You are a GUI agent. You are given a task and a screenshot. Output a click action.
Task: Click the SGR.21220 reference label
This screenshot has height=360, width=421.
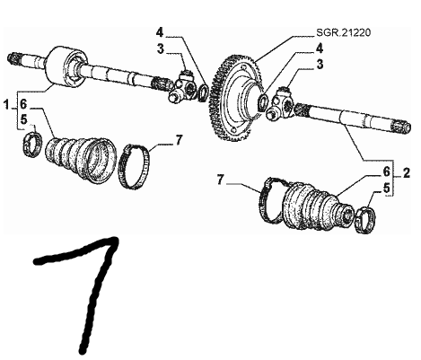344,32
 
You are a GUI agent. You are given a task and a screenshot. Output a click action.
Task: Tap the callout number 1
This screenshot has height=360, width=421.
6,105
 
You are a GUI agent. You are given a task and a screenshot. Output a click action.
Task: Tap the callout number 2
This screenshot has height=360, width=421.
406,173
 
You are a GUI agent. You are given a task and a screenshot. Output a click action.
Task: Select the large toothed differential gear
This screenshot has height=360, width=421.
235,98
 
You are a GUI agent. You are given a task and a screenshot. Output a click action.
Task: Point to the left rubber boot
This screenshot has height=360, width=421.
80,159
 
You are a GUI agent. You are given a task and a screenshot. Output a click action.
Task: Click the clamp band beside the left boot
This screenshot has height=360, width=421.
136,167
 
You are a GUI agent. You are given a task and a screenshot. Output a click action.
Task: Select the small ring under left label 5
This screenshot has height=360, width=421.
32,145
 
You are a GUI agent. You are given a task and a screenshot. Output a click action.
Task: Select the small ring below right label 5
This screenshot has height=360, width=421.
365,220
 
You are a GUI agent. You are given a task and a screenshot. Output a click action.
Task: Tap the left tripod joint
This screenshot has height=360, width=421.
182,87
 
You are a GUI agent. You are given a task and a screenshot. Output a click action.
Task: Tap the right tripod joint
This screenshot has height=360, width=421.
280,103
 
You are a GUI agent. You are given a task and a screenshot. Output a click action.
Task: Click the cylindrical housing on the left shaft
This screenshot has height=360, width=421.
66,66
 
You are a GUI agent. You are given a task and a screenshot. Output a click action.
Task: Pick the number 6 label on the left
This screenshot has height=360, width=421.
23,104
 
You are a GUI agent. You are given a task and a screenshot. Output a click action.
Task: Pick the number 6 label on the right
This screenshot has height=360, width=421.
386,172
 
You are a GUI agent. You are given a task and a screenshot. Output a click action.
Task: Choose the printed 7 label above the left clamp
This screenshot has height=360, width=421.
179,140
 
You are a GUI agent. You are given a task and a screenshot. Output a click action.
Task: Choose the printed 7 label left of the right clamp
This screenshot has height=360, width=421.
220,180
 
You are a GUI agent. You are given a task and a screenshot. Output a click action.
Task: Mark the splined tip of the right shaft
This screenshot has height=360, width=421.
401,127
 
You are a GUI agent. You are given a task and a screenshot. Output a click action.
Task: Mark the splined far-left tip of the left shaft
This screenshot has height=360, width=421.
13,58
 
